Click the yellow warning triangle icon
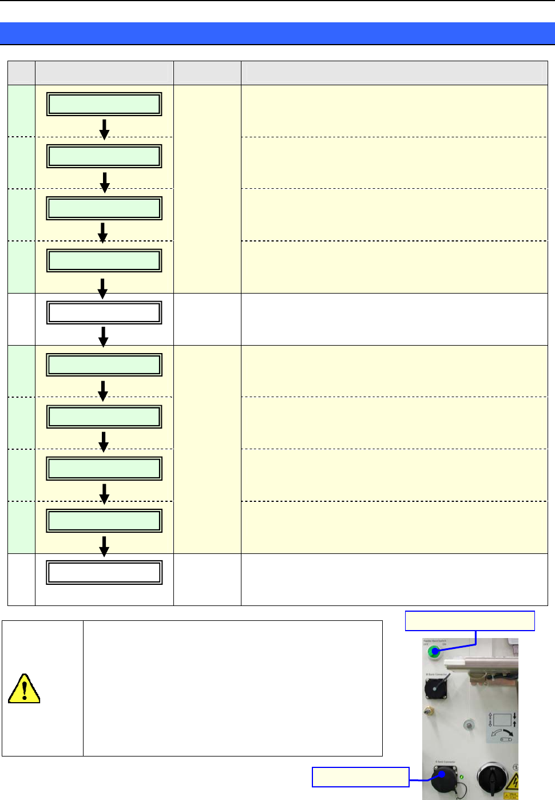(24, 688)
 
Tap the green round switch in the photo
(434, 651)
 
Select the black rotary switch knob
(493, 778)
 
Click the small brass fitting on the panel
(427, 711)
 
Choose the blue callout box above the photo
(470, 621)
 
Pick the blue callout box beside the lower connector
(360, 777)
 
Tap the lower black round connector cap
(444, 779)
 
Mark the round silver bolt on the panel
(468, 726)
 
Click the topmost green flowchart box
(104, 105)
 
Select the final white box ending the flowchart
(104, 572)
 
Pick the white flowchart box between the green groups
(104, 313)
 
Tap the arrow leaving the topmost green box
(104, 129)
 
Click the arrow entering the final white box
(104, 546)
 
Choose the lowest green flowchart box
(104, 521)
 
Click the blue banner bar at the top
(277, 33)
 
